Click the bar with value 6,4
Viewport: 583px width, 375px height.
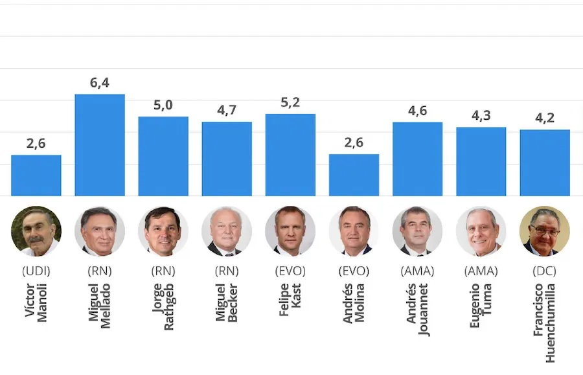click(x=100, y=145)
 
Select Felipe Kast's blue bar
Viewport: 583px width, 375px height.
click(x=290, y=155)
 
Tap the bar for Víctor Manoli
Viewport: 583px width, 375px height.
click(x=36, y=176)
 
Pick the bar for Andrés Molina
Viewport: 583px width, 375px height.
click(x=354, y=175)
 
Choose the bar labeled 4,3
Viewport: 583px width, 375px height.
click(x=481, y=161)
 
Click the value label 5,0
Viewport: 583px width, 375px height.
click(x=163, y=105)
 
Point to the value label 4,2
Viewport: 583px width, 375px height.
click(x=545, y=118)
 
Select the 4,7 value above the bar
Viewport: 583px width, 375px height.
click(x=227, y=110)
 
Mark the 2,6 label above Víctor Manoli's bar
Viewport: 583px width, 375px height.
click(x=36, y=143)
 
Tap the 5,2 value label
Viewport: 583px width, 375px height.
click(x=290, y=102)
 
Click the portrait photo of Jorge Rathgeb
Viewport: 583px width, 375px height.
click(x=163, y=231)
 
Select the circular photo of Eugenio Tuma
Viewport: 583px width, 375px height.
click(x=481, y=231)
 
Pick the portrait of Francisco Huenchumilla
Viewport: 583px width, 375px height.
click(x=545, y=231)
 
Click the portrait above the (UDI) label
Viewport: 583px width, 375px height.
click(x=36, y=231)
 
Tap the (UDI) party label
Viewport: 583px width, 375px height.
click(x=36, y=271)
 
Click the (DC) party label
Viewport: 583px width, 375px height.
click(x=545, y=271)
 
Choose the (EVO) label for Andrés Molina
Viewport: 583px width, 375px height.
click(x=354, y=271)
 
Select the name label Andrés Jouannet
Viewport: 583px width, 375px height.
click(x=417, y=308)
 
